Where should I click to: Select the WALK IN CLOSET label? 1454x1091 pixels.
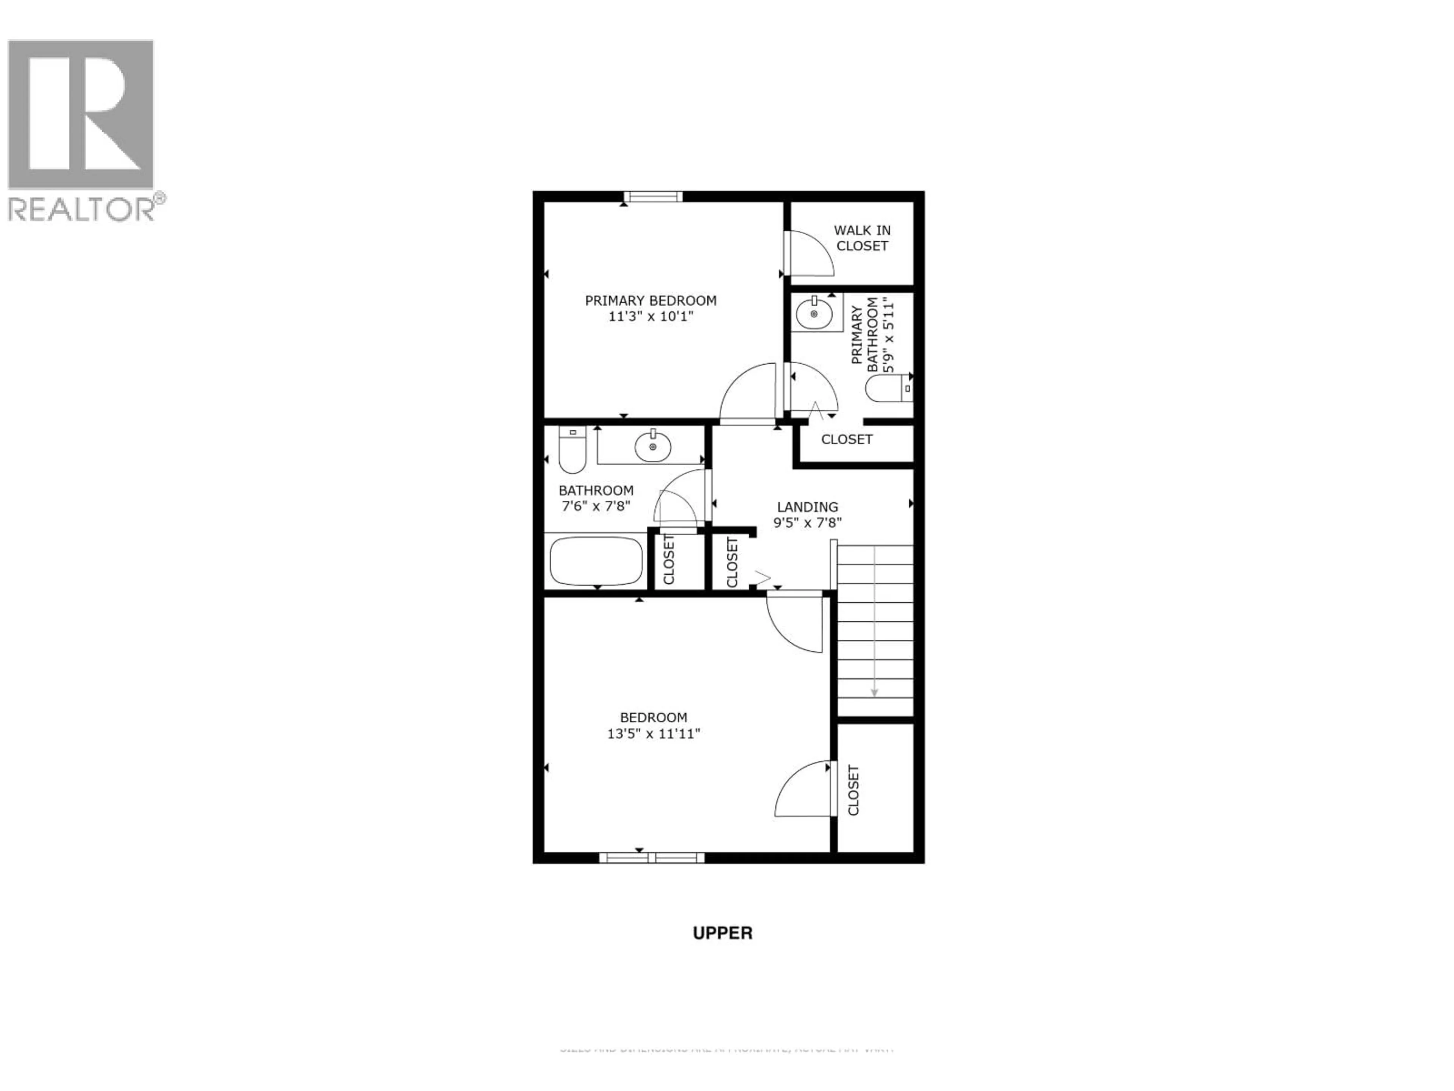coord(862,238)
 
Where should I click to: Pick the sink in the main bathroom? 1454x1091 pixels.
coord(653,447)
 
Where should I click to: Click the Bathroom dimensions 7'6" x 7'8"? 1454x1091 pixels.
coord(596,506)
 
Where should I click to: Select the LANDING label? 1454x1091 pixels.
coord(807,507)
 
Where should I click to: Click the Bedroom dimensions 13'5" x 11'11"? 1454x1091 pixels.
coord(654,734)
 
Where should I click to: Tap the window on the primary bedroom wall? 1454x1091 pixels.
coord(653,197)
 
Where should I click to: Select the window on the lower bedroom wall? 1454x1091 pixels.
coord(651,858)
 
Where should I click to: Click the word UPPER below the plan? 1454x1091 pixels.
coord(722,933)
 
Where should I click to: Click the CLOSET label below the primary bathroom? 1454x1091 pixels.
coord(847,439)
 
